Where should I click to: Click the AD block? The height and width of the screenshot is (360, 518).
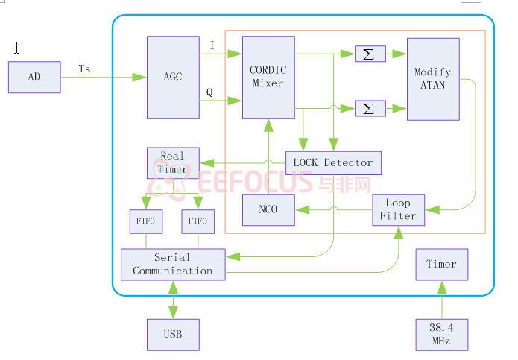34,77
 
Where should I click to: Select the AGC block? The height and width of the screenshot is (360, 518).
173,77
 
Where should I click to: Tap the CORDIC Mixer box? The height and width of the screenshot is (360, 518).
268,77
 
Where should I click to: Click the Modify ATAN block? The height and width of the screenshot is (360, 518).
433,79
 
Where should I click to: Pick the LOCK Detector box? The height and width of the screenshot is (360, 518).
333,162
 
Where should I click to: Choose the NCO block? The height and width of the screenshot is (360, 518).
268,209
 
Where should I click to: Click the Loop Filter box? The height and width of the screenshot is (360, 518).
399,209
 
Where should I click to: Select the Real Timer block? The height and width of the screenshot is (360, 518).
173,162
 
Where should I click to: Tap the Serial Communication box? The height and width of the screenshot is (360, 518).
173,265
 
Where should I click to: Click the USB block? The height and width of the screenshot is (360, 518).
173,335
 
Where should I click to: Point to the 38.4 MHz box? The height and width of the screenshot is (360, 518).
442,335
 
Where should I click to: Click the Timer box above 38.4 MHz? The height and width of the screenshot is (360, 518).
442,265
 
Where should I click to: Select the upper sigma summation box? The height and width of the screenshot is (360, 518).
370,54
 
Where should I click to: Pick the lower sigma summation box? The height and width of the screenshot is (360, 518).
370,108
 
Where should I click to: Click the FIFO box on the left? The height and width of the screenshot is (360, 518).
146,221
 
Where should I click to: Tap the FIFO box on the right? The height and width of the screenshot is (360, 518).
198,221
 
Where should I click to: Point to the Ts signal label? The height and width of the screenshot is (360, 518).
84,69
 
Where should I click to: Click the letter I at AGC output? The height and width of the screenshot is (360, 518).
212,45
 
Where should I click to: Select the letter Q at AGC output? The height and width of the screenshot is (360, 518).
209,92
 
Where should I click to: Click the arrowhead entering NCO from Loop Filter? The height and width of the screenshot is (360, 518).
303,209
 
